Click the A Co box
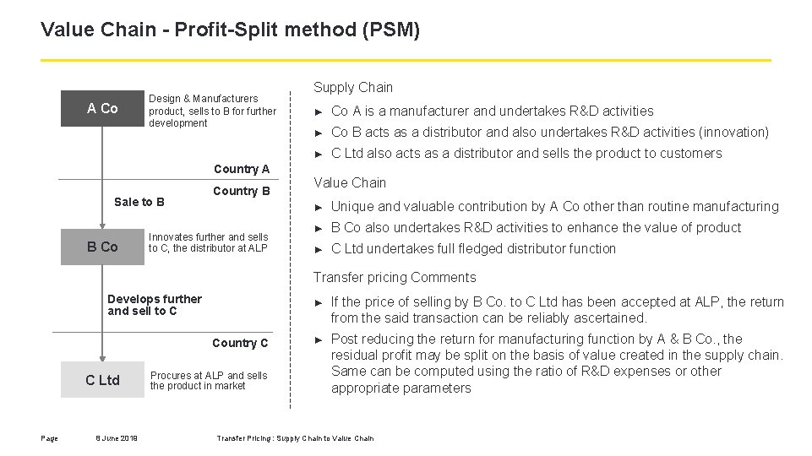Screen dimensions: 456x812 (102, 108)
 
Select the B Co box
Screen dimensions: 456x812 (102, 247)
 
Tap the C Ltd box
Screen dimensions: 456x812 (102, 380)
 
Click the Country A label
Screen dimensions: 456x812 (241, 169)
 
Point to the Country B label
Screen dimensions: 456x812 (241, 191)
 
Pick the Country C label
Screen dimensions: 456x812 (240, 343)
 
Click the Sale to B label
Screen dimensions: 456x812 (139, 202)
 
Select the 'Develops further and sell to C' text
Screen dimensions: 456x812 (155, 305)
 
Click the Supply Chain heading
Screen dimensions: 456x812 (353, 87)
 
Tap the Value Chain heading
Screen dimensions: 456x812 (350, 182)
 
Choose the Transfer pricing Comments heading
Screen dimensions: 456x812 (395, 277)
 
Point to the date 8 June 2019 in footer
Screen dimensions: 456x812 (117, 437)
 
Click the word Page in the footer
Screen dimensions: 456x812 (49, 437)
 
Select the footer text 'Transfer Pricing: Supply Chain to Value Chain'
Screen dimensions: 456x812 (295, 437)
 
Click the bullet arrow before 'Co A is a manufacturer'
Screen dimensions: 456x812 (319, 111)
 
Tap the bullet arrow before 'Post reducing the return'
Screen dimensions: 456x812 (319, 339)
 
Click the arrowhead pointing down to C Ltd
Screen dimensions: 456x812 (102, 358)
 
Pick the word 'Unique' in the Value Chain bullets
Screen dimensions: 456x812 (352, 206)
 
